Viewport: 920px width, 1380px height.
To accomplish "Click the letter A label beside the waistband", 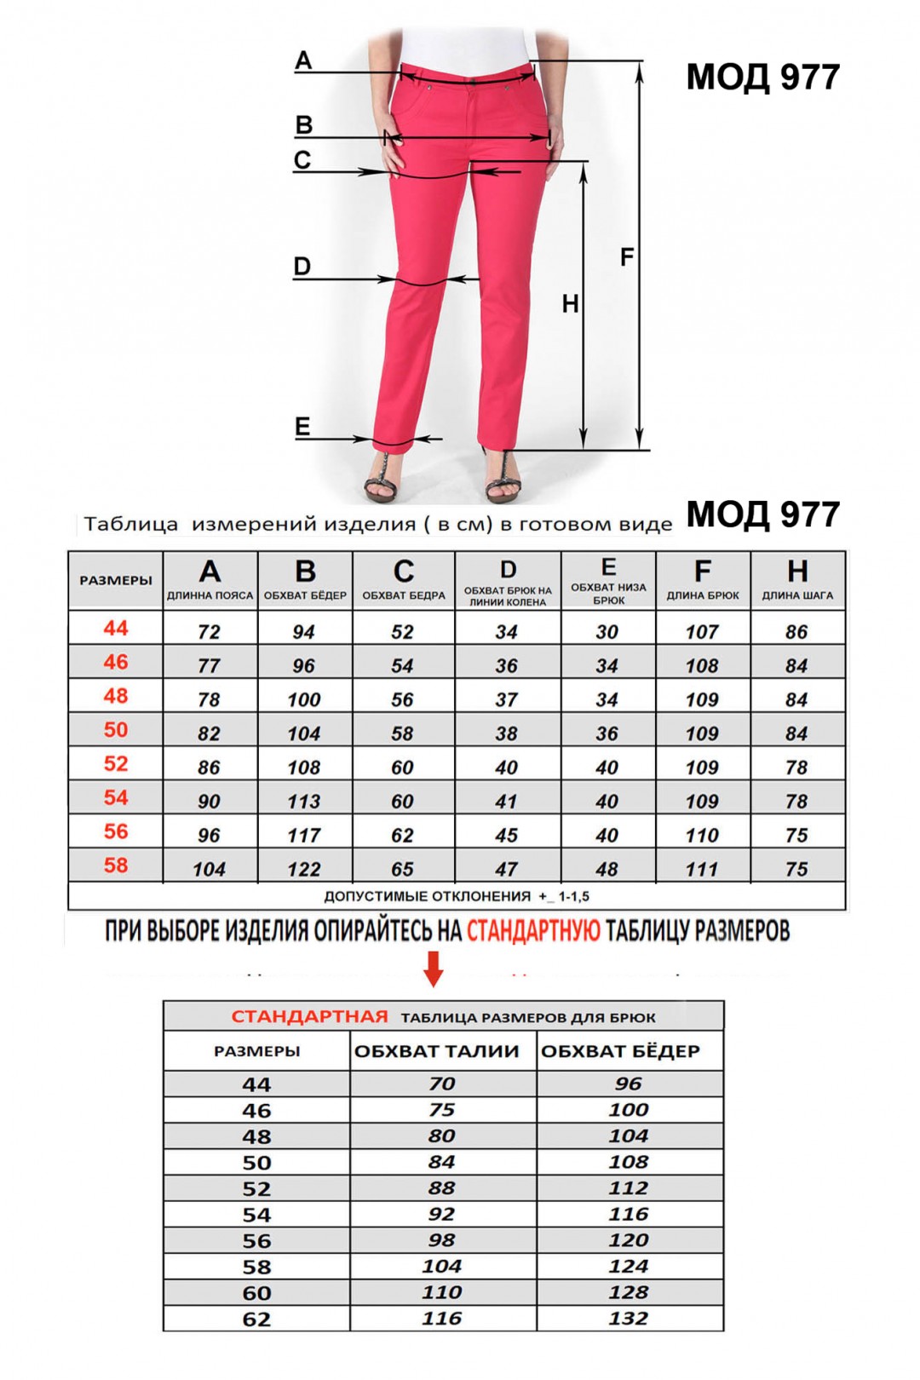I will click(303, 61).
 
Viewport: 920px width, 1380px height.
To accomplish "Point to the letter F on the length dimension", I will click(627, 257).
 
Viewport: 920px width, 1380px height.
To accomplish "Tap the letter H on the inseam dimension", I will click(570, 304).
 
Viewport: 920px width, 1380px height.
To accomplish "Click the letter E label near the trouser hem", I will click(302, 427).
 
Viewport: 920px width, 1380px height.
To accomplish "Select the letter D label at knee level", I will click(302, 267).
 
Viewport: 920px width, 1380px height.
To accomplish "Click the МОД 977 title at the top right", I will click(762, 78).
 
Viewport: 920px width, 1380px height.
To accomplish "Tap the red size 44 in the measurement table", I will click(116, 629).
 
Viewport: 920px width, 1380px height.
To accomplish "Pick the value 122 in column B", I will click(304, 870).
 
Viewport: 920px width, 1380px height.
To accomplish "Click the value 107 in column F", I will click(702, 632).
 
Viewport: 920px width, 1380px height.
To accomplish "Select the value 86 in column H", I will click(796, 632).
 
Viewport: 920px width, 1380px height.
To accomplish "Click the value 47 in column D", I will click(507, 870).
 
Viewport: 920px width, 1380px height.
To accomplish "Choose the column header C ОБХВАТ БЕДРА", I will click(404, 580).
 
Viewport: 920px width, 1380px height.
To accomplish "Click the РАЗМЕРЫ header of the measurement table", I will click(116, 581).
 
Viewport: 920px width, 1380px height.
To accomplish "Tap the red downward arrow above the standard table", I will click(434, 969).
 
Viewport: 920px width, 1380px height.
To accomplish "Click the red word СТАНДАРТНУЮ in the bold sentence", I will click(533, 931).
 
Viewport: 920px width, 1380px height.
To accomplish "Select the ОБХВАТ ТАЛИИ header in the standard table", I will click(437, 1052).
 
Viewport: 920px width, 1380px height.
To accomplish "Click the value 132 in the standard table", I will click(629, 1319).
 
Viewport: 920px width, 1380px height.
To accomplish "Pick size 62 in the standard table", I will click(256, 1320).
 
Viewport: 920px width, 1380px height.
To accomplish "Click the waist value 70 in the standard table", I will click(442, 1084).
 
